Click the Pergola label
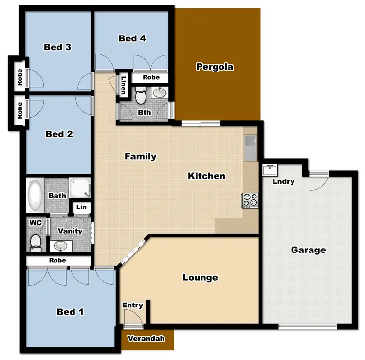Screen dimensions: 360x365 click(x=215, y=67)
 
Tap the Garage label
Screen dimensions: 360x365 click(x=308, y=250)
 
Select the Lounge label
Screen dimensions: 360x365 click(x=200, y=278)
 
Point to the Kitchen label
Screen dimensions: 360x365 click(x=206, y=176)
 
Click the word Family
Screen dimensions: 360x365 click(x=140, y=156)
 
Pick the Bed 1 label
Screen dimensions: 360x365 click(x=70, y=312)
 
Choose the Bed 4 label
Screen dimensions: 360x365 click(x=132, y=38)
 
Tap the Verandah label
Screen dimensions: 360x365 click(x=146, y=339)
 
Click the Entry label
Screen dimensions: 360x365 click(x=132, y=306)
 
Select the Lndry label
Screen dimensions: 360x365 click(x=283, y=182)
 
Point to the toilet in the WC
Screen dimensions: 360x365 click(x=36, y=241)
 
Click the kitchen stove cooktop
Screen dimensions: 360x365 click(x=251, y=199)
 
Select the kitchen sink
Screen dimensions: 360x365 click(x=252, y=142)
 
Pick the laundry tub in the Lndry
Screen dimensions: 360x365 click(x=269, y=170)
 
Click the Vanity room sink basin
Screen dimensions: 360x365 click(x=61, y=245)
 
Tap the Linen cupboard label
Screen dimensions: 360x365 click(x=124, y=86)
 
